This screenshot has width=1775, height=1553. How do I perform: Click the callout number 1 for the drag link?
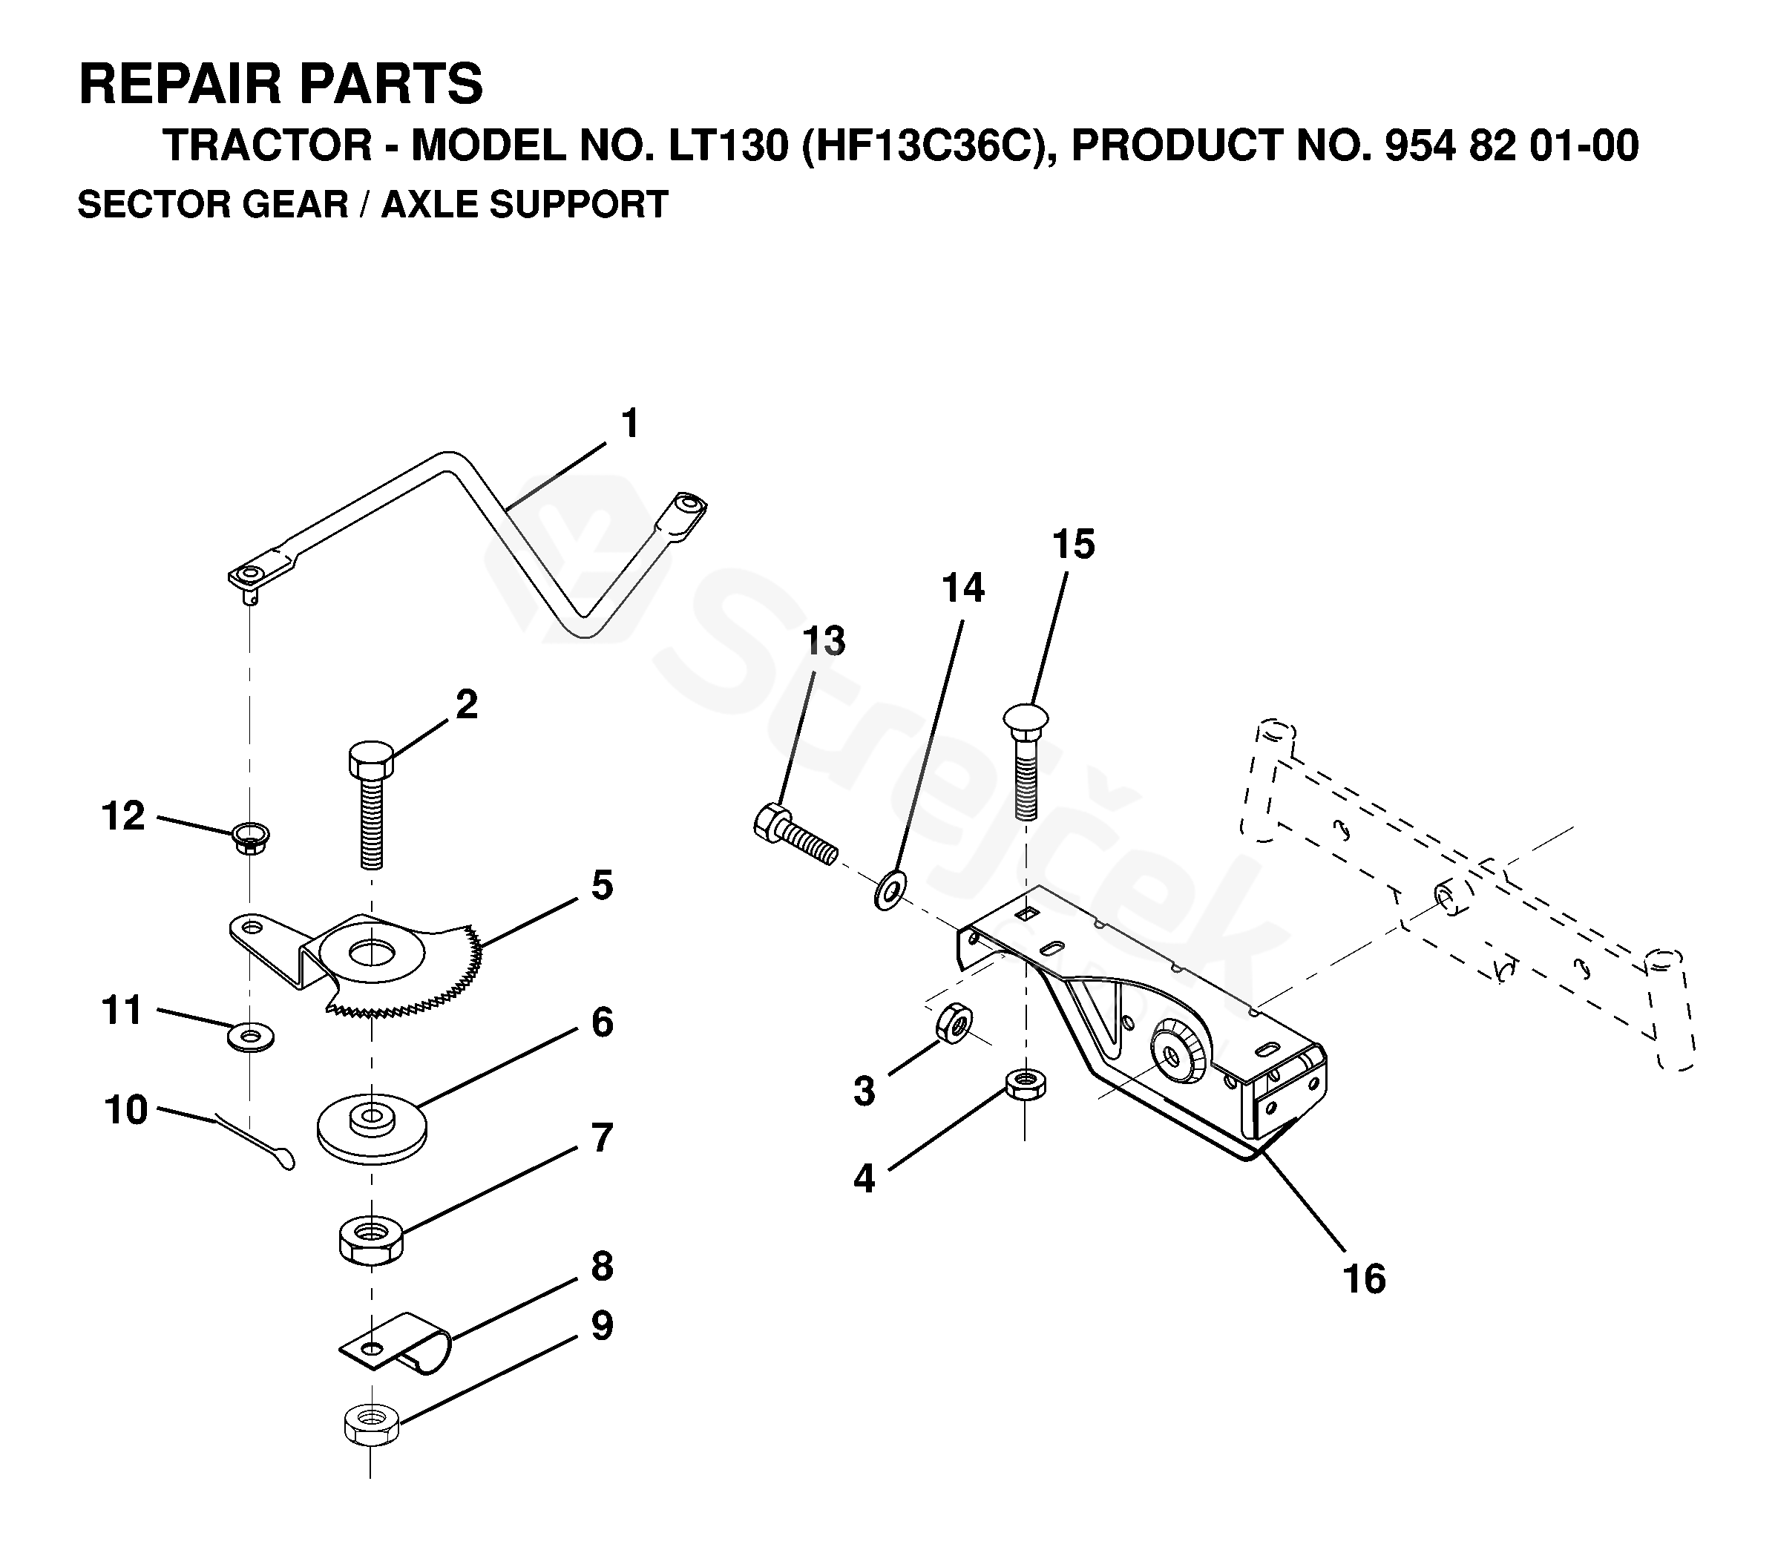click(x=630, y=424)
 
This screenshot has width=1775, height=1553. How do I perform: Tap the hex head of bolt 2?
click(x=371, y=761)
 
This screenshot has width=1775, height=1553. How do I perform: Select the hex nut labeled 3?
click(x=954, y=1023)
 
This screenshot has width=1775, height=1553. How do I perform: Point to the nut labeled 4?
click(x=1026, y=1083)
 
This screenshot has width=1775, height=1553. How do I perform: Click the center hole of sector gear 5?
click(x=370, y=953)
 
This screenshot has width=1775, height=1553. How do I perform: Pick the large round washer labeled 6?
click(x=372, y=1126)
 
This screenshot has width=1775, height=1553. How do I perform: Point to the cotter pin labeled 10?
click(x=260, y=1142)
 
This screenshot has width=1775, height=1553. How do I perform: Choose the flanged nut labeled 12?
click(x=249, y=837)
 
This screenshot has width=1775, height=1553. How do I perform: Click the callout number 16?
click(x=1364, y=1278)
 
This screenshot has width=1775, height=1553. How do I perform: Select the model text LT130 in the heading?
click(x=728, y=145)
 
